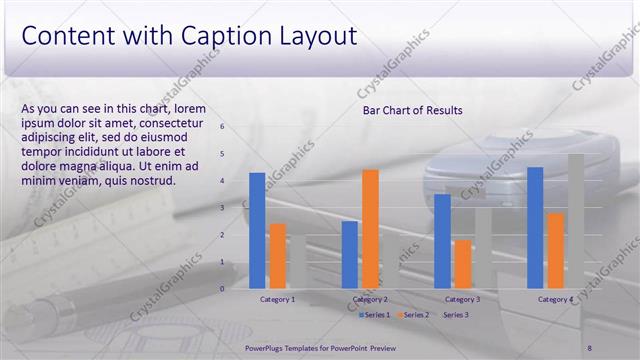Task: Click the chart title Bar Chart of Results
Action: tap(412, 110)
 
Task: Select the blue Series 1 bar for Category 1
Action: tap(257, 230)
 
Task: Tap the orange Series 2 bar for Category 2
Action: tap(370, 228)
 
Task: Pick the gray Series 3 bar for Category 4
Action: tap(576, 221)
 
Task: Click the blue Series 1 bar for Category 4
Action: tap(535, 227)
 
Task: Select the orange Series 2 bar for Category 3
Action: tap(463, 264)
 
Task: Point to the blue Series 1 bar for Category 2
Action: tap(349, 254)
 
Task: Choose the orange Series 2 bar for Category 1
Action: tap(277, 255)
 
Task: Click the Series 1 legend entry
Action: tap(377, 315)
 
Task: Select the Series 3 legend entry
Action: tap(456, 315)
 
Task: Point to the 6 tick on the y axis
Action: tap(222, 127)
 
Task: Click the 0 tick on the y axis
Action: tap(222, 289)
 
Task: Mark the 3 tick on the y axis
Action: tap(222, 208)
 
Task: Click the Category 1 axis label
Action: tap(277, 299)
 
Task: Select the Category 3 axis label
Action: tap(462, 299)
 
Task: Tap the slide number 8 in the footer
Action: tap(590, 347)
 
